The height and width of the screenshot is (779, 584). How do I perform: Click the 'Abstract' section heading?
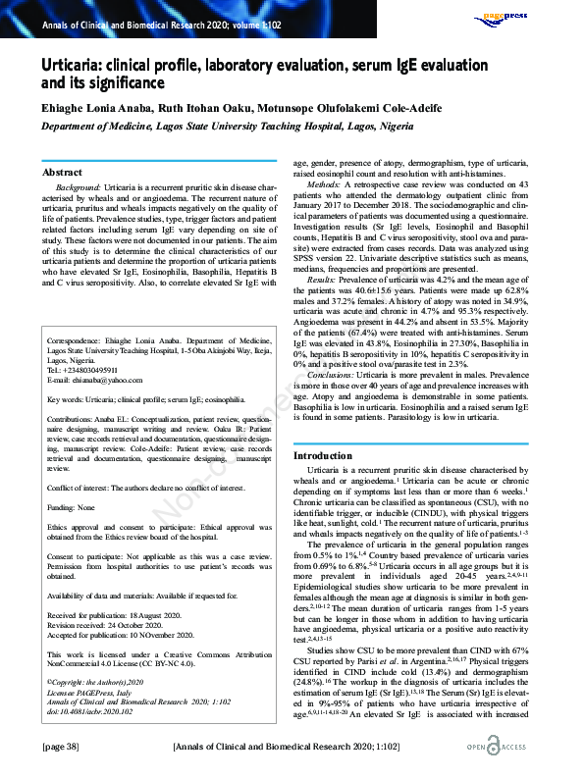coord(63,171)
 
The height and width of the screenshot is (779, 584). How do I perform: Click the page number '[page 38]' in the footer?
coord(61,748)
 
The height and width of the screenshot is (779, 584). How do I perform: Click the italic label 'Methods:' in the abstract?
coord(324,185)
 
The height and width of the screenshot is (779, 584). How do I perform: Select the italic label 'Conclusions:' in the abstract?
coord(330,375)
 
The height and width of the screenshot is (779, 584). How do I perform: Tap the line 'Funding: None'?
coord(72,507)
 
